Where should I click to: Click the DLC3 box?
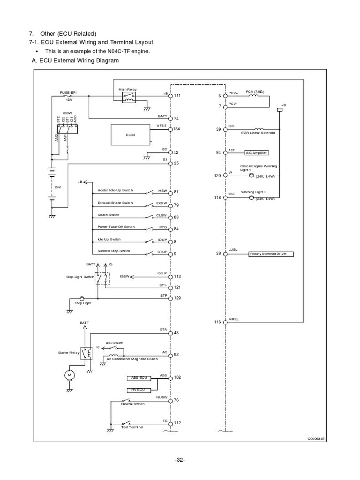[130, 135]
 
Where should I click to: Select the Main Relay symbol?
[129, 97]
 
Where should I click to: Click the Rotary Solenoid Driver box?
[271, 254]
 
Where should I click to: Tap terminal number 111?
[177, 96]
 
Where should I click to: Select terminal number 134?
[177, 129]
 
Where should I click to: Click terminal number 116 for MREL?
[217, 322]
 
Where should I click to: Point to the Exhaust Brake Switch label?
[115, 203]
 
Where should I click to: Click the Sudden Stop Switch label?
[113, 251]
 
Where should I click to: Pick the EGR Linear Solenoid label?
[258, 133]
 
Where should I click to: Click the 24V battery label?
[58, 186]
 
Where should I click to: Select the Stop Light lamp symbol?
[82, 298]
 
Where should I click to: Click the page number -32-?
[180, 459]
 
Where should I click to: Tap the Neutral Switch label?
[133, 404]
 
